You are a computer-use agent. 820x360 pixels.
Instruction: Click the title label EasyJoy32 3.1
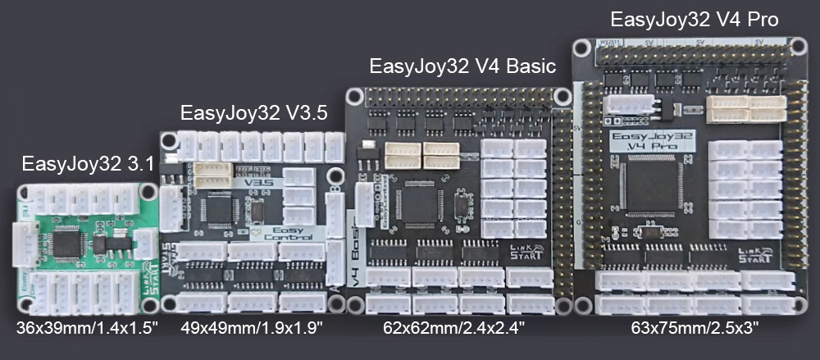pyautogui.click(x=88, y=163)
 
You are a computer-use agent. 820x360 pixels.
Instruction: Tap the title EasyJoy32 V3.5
pyautogui.click(x=253, y=112)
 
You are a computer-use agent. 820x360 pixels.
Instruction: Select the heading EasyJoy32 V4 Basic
pyautogui.click(x=462, y=66)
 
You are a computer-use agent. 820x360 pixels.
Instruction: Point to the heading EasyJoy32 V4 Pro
pyautogui.click(x=694, y=17)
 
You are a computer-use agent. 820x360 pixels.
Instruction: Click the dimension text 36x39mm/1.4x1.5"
pyautogui.click(x=88, y=327)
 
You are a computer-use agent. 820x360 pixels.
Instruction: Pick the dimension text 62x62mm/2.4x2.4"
pyautogui.click(x=453, y=327)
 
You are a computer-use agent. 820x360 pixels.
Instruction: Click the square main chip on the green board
pyautogui.click(x=66, y=243)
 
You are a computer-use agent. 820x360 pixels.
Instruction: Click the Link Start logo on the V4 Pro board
pyautogui.click(x=754, y=253)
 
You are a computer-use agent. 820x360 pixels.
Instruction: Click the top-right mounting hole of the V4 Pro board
pyautogui.click(x=793, y=46)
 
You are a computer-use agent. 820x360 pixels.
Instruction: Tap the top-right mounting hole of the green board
pyautogui.click(x=148, y=192)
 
